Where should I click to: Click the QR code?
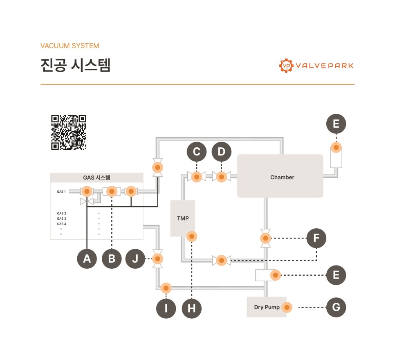(69, 133)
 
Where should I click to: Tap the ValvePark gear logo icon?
(286, 65)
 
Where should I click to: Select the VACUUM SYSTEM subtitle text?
(70, 46)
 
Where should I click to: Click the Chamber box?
(280, 176)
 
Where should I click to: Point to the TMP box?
(183, 218)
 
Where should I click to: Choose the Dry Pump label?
(267, 307)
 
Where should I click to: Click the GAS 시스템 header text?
(97, 178)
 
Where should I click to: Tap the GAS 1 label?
(61, 191)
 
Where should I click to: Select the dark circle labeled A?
(87, 259)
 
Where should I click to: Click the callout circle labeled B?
(112, 259)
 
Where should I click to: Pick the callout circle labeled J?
(135, 259)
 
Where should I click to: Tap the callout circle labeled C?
(197, 151)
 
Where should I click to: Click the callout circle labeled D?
(222, 151)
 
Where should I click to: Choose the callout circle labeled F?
(316, 238)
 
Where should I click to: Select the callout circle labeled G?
(336, 307)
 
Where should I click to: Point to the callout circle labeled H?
(192, 308)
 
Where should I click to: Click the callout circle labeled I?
(166, 308)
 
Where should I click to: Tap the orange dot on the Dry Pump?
(287, 307)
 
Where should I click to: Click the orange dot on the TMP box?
(192, 236)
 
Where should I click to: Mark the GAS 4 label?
(61, 224)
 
